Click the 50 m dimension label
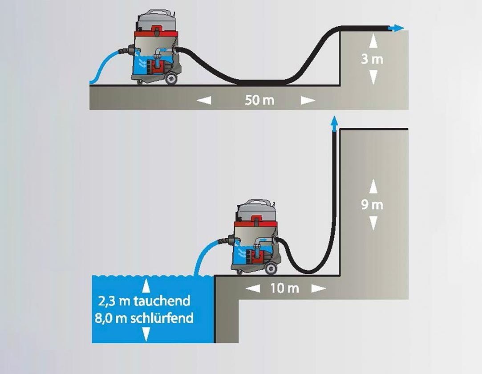(259, 100)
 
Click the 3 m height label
(372, 59)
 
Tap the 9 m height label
(372, 205)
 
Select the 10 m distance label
(285, 288)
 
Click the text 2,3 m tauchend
(144, 301)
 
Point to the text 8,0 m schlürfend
(144, 318)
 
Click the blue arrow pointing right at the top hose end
(396, 28)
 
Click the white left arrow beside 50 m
(204, 100)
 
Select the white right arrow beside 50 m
(308, 100)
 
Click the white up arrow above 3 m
(373, 41)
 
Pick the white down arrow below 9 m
(373, 223)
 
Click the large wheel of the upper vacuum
(171, 78)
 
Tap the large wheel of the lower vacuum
(271, 268)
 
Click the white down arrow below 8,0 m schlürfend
(146, 334)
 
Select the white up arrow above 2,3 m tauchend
(146, 286)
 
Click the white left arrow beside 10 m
(253, 288)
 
